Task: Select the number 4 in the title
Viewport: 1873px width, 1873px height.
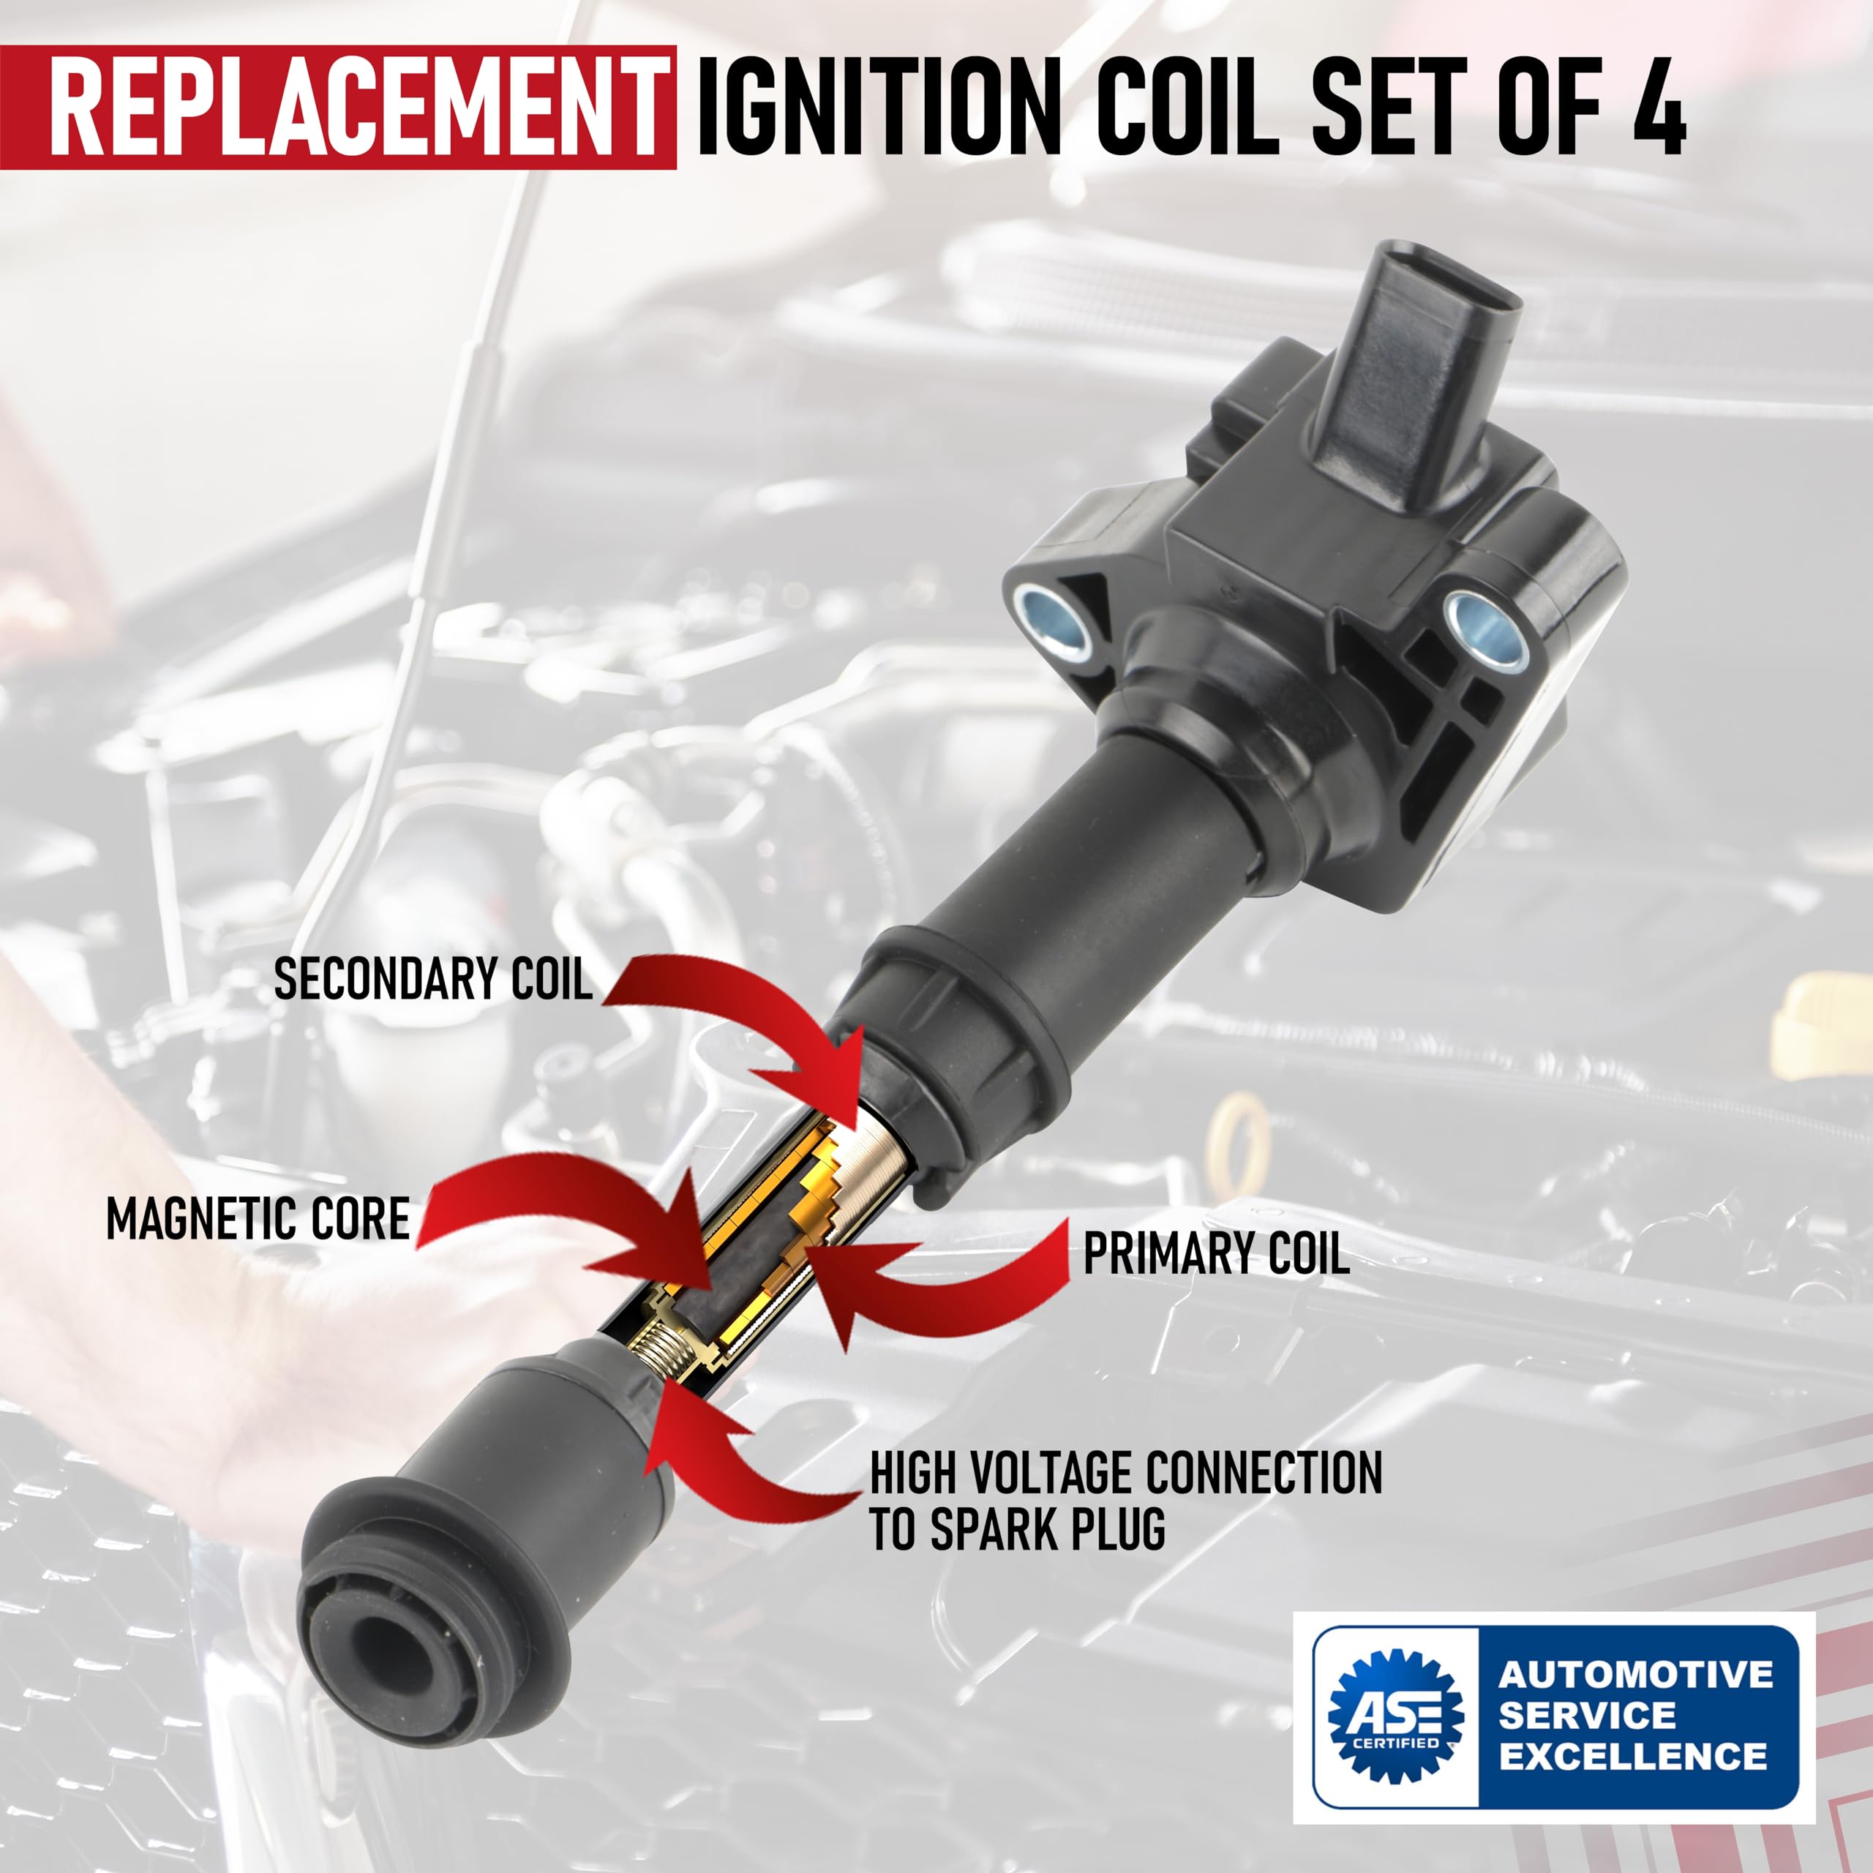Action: [x=1659, y=107]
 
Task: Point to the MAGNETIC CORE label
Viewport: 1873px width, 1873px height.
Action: [x=258, y=1219]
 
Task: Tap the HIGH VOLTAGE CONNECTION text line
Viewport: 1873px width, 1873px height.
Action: [x=1125, y=1474]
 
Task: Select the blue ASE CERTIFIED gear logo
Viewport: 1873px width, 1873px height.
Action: [x=1395, y=1716]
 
